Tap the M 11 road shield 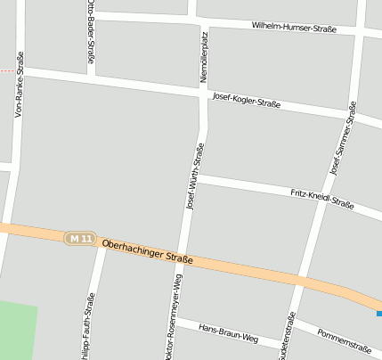coord(79,238)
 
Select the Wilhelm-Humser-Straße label coord(294,29)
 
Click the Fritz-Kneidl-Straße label coord(322,199)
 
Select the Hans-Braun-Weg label coord(228,333)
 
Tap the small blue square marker coord(378,313)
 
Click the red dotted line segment coord(7,70)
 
